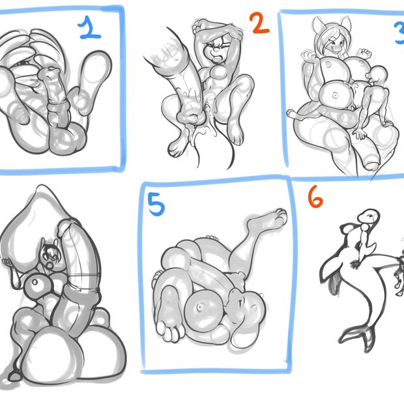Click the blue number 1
point(89,28)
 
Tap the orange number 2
point(259,23)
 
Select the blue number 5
point(156,205)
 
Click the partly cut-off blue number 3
point(399,33)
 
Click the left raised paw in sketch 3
point(309,56)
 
